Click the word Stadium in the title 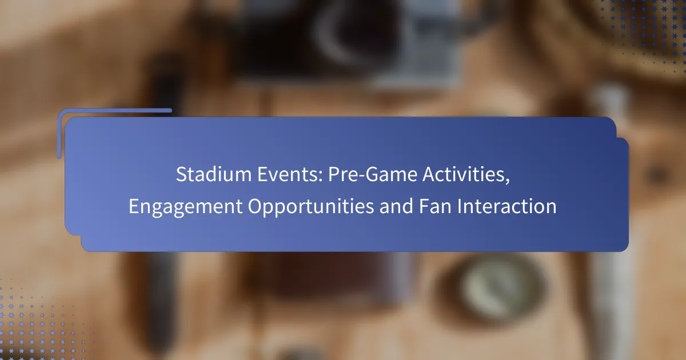click(x=214, y=174)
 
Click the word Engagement click(x=186, y=207)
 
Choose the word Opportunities click(x=311, y=207)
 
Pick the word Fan click(x=435, y=206)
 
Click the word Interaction click(x=507, y=206)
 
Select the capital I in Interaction click(x=460, y=206)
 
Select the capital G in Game click(x=372, y=174)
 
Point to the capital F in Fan click(x=424, y=206)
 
